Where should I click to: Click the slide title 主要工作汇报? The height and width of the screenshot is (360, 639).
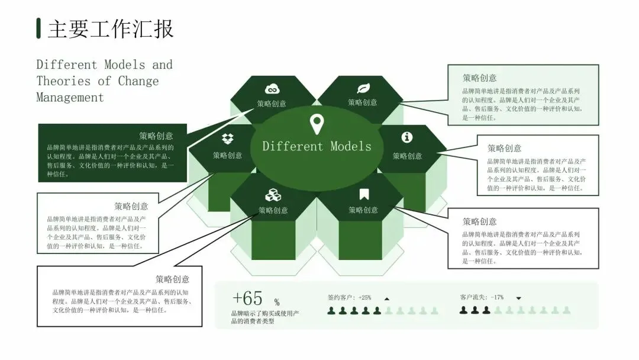pyautogui.click(x=111, y=29)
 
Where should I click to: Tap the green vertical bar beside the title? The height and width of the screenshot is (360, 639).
pyautogui.click(x=38, y=28)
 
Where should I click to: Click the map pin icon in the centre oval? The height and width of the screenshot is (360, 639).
pyautogui.click(x=317, y=124)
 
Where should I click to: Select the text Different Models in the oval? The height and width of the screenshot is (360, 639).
pyautogui.click(x=317, y=146)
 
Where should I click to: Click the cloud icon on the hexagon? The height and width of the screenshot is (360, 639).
pyautogui.click(x=272, y=89)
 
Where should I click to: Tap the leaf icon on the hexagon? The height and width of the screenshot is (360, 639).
pyautogui.click(x=363, y=89)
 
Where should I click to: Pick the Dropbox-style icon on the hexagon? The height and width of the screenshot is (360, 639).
pyautogui.click(x=227, y=140)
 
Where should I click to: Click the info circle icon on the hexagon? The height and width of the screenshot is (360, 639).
pyautogui.click(x=407, y=137)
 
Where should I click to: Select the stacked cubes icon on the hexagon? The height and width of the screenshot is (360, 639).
pyautogui.click(x=272, y=195)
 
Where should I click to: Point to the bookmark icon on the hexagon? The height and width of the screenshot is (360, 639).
pyautogui.click(x=363, y=194)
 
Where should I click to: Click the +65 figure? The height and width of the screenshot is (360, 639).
pyautogui.click(x=247, y=298)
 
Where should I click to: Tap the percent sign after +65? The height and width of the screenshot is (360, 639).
pyautogui.click(x=277, y=303)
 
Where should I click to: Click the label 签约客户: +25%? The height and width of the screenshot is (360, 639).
pyautogui.click(x=349, y=297)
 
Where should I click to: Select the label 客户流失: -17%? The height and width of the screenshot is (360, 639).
pyautogui.click(x=482, y=297)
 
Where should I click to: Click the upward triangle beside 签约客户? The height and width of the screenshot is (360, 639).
pyautogui.click(x=387, y=298)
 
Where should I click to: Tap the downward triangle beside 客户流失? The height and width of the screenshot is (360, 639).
pyautogui.click(x=519, y=298)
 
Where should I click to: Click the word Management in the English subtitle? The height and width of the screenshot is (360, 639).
pyautogui.click(x=70, y=98)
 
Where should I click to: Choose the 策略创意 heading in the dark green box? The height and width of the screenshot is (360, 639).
pyautogui.click(x=156, y=136)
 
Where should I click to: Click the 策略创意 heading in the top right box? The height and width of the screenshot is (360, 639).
pyautogui.click(x=479, y=78)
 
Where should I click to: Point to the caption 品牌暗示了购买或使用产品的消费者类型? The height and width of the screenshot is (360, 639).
pyautogui.click(x=264, y=317)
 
